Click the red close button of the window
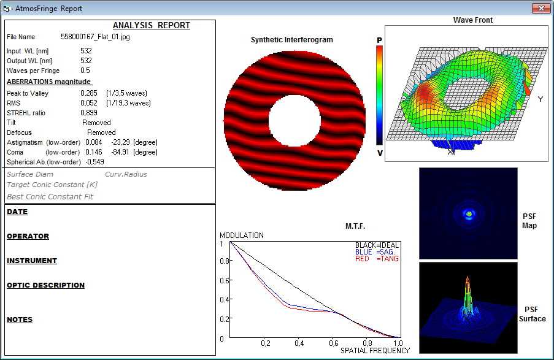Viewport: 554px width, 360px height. point(541,8)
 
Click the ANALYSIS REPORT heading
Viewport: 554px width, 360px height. point(151,25)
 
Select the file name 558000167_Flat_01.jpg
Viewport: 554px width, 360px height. point(95,37)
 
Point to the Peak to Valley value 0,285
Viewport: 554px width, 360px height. point(89,93)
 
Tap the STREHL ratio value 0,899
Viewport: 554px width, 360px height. point(89,113)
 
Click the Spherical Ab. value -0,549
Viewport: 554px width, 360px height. point(94,162)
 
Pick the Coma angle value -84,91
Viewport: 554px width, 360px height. point(120,152)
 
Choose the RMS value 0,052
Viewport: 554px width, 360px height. point(89,103)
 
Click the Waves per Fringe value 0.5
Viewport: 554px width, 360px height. point(85,71)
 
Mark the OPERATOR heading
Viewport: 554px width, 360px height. point(28,236)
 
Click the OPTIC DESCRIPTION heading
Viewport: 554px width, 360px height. point(45,285)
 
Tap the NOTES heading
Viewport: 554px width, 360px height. point(20,320)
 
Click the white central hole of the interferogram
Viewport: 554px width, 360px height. point(294,120)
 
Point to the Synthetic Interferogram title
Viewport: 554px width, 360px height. point(292,40)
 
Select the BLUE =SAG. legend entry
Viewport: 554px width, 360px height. point(375,252)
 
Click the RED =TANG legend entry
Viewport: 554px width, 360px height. point(377,259)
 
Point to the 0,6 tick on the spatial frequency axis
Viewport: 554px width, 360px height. point(334,343)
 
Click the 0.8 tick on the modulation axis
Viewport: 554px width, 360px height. point(225,261)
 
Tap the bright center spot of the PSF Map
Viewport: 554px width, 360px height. point(469,213)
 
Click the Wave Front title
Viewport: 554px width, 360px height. point(473,20)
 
